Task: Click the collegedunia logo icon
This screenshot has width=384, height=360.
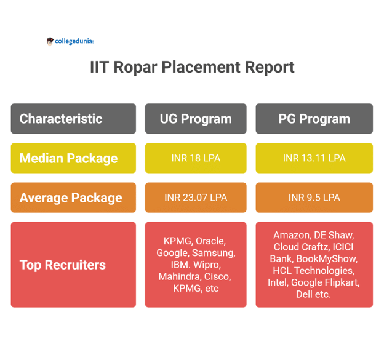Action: click(50, 41)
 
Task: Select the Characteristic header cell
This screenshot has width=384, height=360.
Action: click(73, 119)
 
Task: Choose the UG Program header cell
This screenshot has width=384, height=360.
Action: click(196, 119)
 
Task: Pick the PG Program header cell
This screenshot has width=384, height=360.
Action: click(314, 119)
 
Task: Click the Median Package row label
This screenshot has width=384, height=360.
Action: click(73, 158)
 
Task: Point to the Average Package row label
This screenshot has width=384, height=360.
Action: click(73, 198)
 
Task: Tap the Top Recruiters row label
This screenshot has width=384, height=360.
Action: click(73, 265)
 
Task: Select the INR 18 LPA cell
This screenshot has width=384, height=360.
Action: click(196, 158)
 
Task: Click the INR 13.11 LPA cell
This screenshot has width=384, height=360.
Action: click(314, 158)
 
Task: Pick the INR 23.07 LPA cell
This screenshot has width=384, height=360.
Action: click(196, 198)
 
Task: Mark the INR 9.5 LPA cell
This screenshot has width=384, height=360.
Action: click(314, 198)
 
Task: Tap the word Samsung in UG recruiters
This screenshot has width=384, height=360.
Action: click(213, 253)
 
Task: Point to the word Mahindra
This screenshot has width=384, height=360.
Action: click(179, 277)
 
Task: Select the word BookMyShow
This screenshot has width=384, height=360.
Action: click(326, 258)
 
